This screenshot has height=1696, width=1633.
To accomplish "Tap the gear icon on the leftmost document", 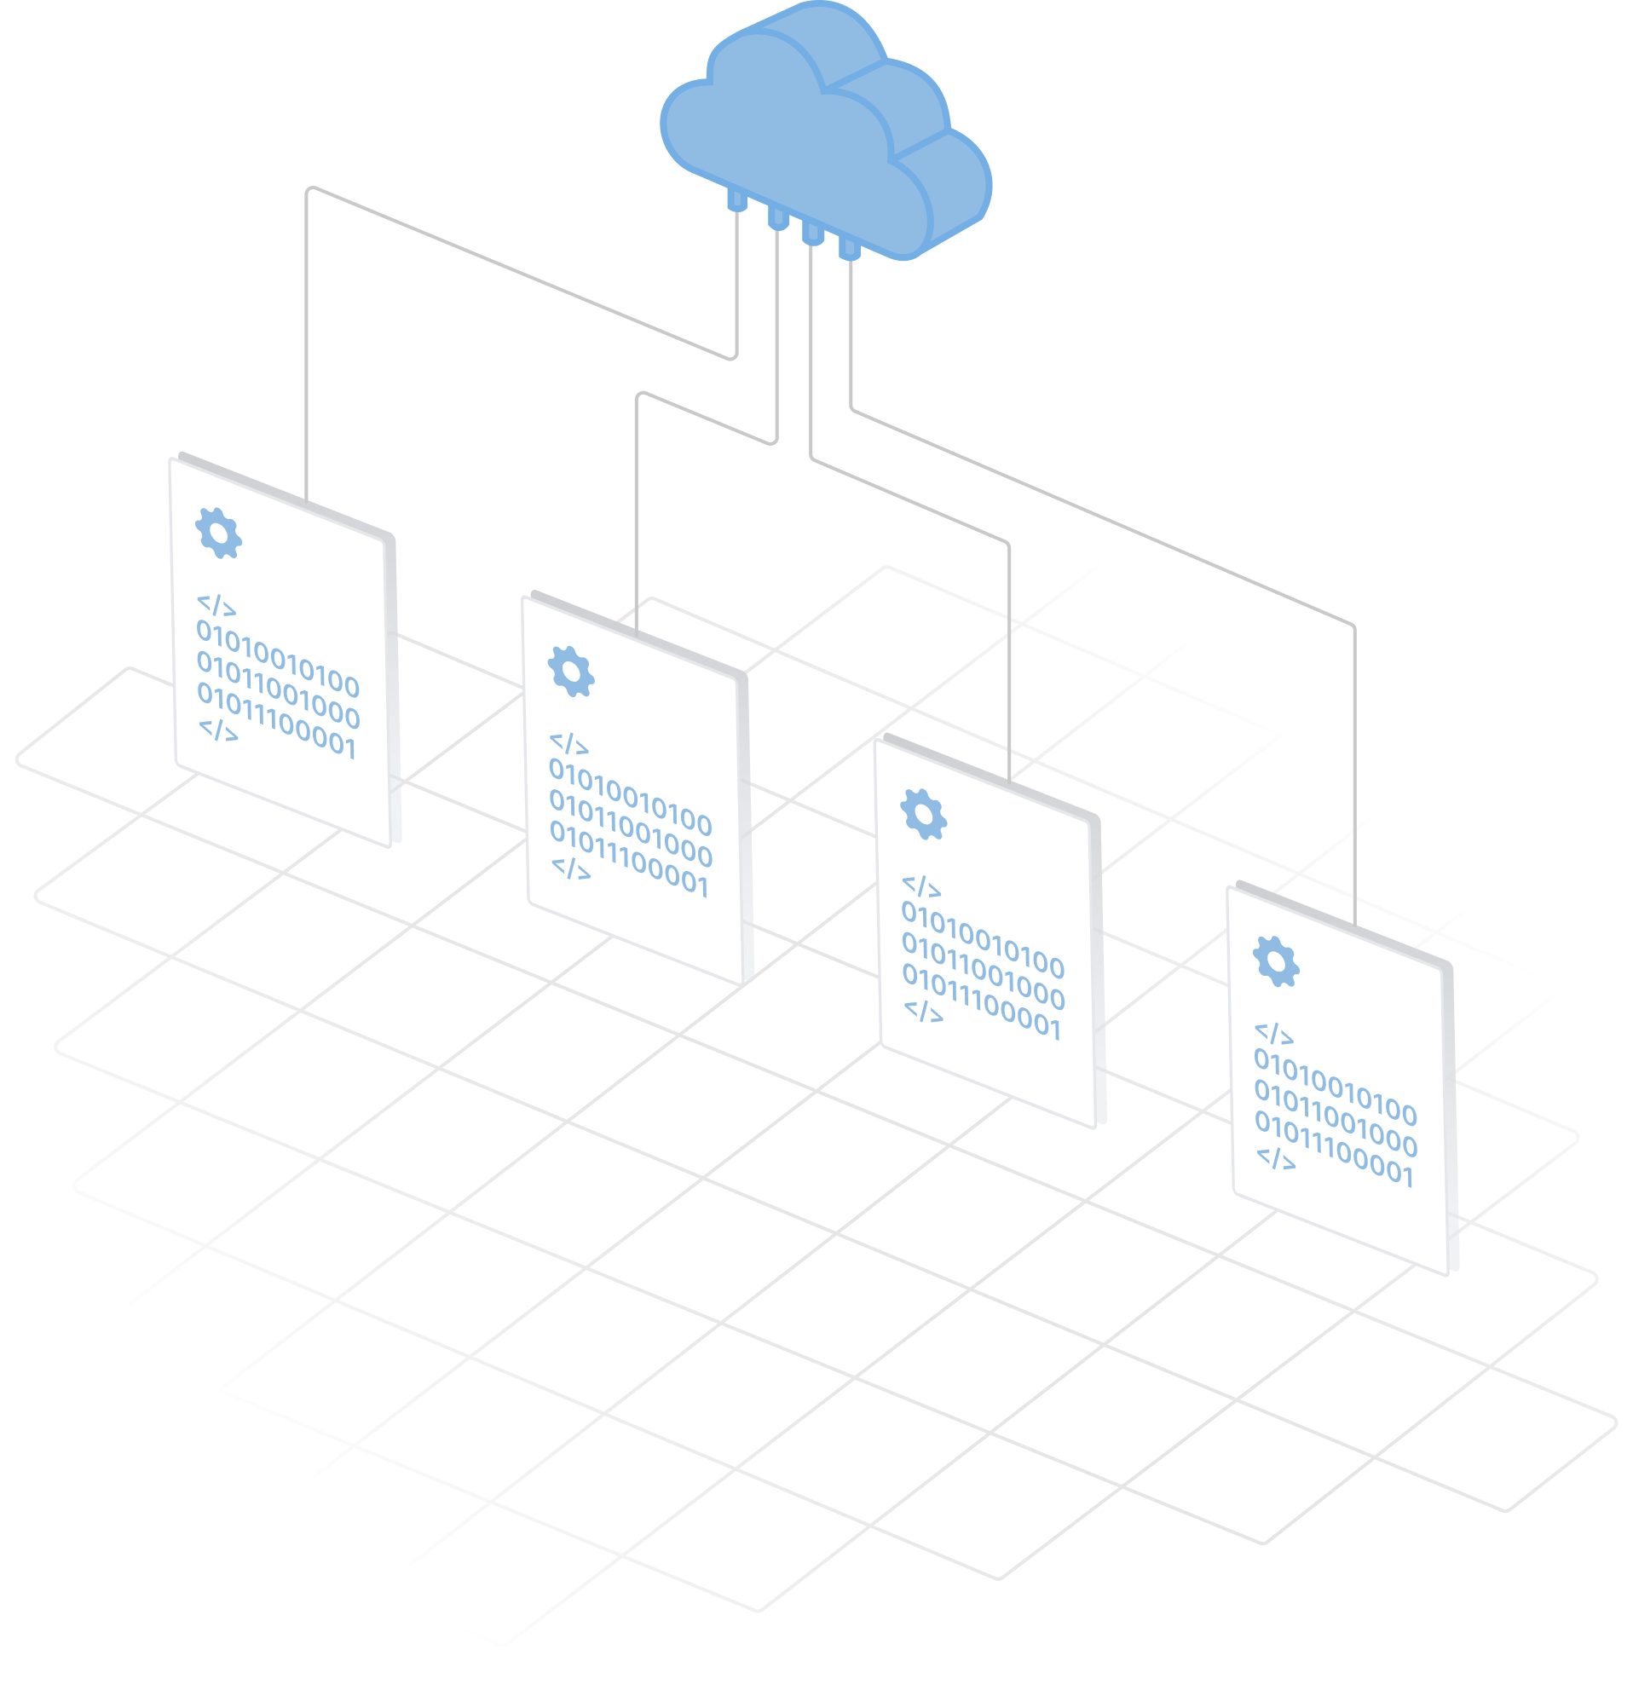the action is click(x=219, y=533).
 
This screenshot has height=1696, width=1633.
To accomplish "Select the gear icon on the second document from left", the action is click(x=571, y=671).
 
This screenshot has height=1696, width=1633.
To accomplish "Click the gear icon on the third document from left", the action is click(x=923, y=814).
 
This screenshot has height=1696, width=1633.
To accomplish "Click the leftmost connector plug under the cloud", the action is click(x=737, y=202).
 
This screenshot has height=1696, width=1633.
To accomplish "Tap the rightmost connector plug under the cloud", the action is click(x=849, y=250).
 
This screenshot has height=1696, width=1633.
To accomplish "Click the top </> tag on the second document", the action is click(x=568, y=743).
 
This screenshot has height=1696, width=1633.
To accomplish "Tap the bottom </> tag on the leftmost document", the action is click(x=218, y=730).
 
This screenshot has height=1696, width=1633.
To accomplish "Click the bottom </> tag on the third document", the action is click(x=923, y=1011).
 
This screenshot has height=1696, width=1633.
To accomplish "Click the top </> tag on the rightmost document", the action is click(x=1274, y=1034).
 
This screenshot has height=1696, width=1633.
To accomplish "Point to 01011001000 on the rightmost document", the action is click(x=1336, y=1118).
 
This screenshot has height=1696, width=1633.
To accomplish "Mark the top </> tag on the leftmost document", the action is click(x=216, y=605).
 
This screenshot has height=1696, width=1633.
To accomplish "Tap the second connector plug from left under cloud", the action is click(x=777, y=217).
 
